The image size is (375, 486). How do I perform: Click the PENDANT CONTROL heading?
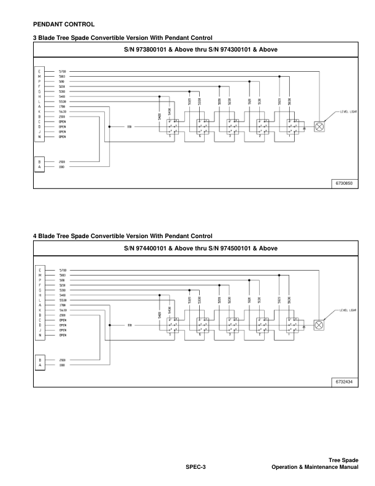tap(63, 25)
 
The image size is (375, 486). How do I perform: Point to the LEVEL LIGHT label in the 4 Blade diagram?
tap(349, 311)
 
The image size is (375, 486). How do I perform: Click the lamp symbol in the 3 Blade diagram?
tap(319, 127)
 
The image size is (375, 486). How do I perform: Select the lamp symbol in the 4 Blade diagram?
tap(319, 325)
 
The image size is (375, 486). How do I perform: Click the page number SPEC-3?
tap(195, 468)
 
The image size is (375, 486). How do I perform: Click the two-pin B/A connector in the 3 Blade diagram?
tap(39, 164)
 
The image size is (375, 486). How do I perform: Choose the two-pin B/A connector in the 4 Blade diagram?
tap(39, 362)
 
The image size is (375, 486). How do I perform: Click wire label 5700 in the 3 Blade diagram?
tap(63, 72)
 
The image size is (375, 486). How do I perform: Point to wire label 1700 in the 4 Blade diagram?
tap(63, 304)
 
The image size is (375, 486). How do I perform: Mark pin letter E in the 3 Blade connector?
tap(39, 72)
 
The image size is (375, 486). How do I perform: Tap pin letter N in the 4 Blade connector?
tap(39, 336)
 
